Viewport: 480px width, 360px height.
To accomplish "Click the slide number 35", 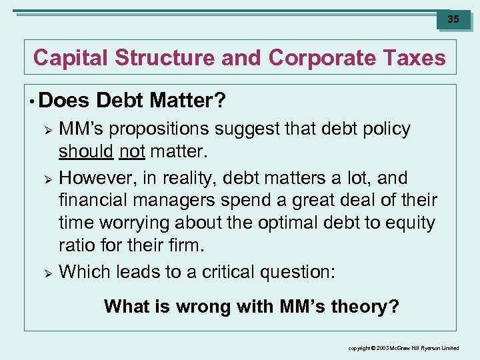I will pos(453,19).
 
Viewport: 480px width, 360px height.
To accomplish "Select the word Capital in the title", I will pos(71,58).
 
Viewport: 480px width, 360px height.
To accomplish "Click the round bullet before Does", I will pos(32,101).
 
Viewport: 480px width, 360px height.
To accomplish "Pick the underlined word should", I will pos(86,152).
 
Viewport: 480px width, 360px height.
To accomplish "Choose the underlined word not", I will pos(132,152).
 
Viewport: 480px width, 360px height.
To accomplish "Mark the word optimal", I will pos(277,223).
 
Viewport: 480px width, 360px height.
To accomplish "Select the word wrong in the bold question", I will pos(203,307).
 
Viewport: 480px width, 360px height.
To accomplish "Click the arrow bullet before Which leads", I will pos(47,272).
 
